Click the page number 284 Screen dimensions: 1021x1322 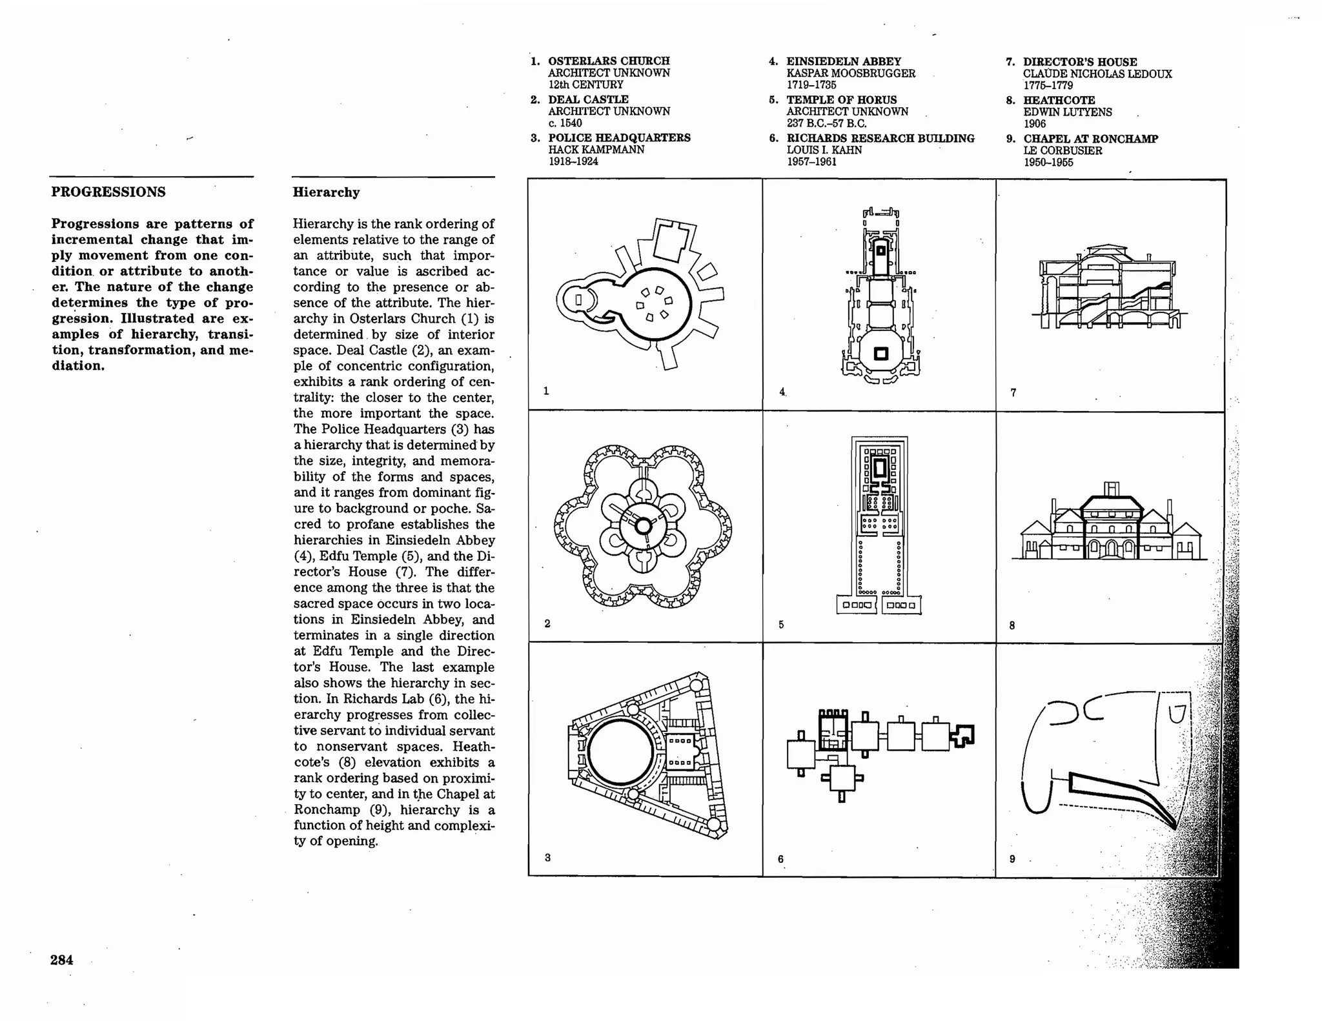pyautogui.click(x=61, y=960)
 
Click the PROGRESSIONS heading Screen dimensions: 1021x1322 pyautogui.click(x=108, y=192)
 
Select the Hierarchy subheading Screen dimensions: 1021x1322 pyautogui.click(x=326, y=192)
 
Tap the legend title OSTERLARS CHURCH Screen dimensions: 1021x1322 pyautogui.click(x=609, y=61)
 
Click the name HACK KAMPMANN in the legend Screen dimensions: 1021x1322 pyautogui.click(x=596, y=150)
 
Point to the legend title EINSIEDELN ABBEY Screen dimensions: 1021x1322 pyautogui.click(x=843, y=61)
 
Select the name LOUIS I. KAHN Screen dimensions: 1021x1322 pyautogui.click(x=824, y=150)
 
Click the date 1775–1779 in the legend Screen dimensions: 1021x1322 pyautogui.click(x=1048, y=85)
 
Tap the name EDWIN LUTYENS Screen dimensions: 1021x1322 pyautogui.click(x=1067, y=112)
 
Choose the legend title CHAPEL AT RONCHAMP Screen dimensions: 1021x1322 pyautogui.click(x=1090, y=139)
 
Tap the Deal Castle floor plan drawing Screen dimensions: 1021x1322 pyautogui.click(x=643, y=526)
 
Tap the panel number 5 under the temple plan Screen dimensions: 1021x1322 pyautogui.click(x=781, y=625)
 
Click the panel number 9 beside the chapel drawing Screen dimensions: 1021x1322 pyautogui.click(x=1012, y=859)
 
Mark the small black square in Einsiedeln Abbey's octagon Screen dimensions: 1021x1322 pyautogui.click(x=880, y=354)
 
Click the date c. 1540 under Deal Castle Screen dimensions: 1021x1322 pyautogui.click(x=565, y=123)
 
